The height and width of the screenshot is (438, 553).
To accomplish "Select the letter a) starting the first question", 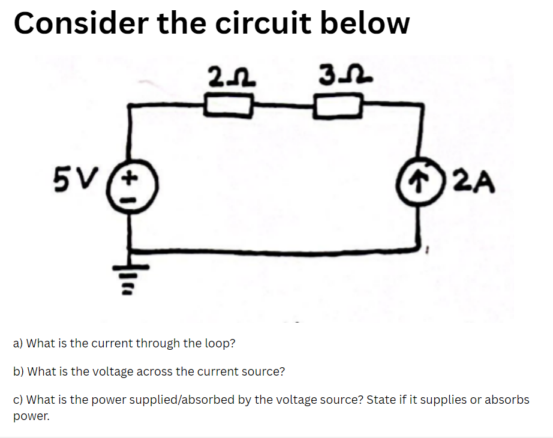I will (x=18, y=344).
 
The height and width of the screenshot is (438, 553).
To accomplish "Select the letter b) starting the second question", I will (x=18, y=371).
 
